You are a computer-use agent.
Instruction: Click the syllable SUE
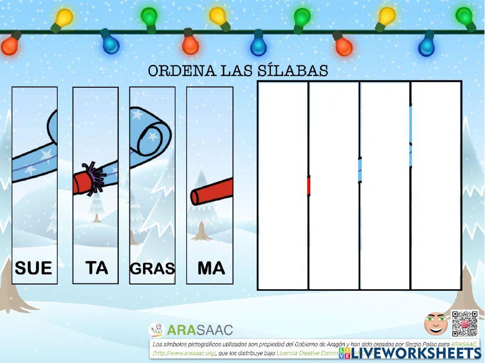click(x=33, y=268)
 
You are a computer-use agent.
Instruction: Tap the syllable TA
click(x=97, y=268)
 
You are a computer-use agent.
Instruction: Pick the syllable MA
click(x=211, y=268)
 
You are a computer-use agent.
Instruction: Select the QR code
click(x=465, y=323)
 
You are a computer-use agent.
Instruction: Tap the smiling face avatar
click(x=436, y=324)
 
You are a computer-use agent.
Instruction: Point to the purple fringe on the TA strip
click(x=92, y=177)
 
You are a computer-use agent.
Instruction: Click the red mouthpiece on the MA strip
click(x=211, y=192)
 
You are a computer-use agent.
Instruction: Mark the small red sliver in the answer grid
click(x=308, y=186)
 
